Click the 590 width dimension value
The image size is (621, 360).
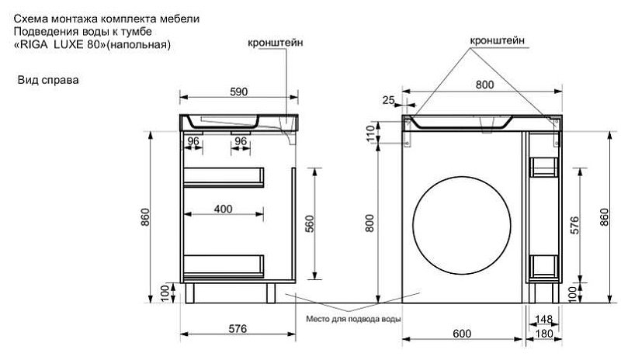pos(239,92)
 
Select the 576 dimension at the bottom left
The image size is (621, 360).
pos(238,329)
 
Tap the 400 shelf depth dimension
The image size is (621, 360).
pos(223,209)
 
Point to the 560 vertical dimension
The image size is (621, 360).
pos(310,223)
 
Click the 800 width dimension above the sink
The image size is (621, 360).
pos(484,85)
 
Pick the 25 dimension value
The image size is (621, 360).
pos(389,100)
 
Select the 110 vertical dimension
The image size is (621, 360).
pos(370,133)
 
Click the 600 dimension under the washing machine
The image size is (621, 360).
pos(462,334)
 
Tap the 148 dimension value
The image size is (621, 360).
pos(543,319)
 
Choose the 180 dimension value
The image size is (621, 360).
pos(544,334)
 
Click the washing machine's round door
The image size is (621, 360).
pos(461,225)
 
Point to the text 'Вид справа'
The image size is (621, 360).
pos(48,80)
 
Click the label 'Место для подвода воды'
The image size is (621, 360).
pos(353,319)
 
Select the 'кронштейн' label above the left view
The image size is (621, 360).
pos(276,43)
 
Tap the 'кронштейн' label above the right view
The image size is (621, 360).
pos(497,40)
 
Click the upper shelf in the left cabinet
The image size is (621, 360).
pos(224,177)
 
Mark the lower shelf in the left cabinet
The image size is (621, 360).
pos(224,266)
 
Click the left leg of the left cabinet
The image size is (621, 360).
pos(189,293)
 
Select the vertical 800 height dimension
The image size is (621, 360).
pos(369,223)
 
